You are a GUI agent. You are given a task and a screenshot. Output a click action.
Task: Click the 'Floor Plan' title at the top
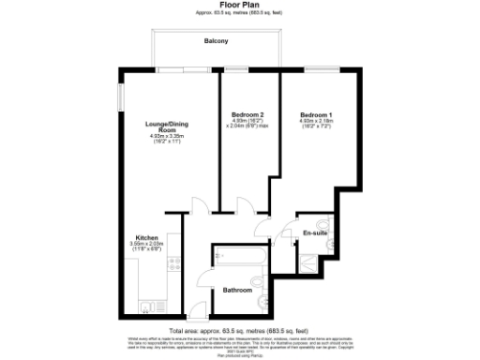240,4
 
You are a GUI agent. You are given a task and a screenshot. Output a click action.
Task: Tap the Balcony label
217,42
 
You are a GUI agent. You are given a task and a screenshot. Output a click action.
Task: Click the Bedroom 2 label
247,114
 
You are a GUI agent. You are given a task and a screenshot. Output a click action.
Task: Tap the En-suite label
312,232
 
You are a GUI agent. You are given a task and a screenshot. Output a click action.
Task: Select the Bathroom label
236,290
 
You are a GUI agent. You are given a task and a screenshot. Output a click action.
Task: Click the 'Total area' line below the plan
239,330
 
